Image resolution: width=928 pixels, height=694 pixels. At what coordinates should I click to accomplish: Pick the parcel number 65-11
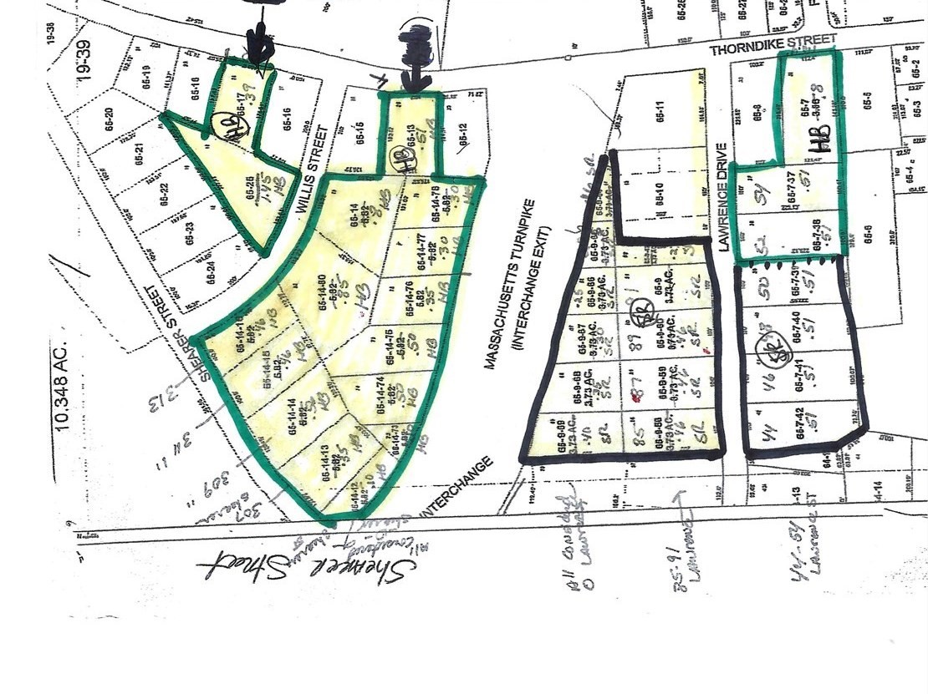[x=660, y=114]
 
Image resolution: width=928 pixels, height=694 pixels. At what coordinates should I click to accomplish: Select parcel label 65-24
[x=212, y=271]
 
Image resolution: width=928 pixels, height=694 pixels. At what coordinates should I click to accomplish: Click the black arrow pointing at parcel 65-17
[x=258, y=38]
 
